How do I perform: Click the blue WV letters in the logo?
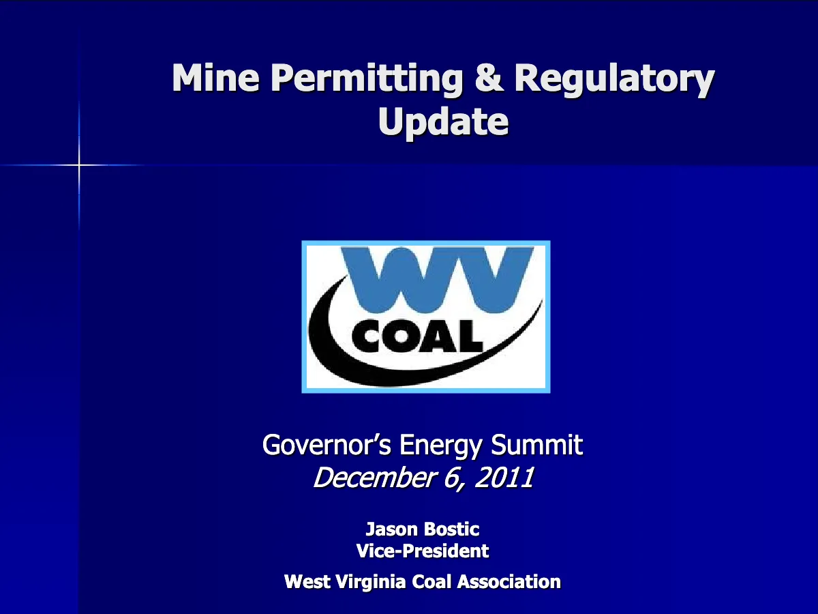(x=437, y=279)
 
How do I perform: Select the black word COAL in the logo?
(x=417, y=336)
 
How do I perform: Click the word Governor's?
(x=327, y=444)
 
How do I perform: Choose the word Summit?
(x=536, y=444)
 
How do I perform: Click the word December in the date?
(x=374, y=477)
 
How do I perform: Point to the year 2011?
(x=504, y=477)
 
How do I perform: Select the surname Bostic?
(x=452, y=529)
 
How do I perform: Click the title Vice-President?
(x=422, y=551)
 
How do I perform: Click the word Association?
(x=509, y=581)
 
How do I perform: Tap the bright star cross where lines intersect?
(x=79, y=165)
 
